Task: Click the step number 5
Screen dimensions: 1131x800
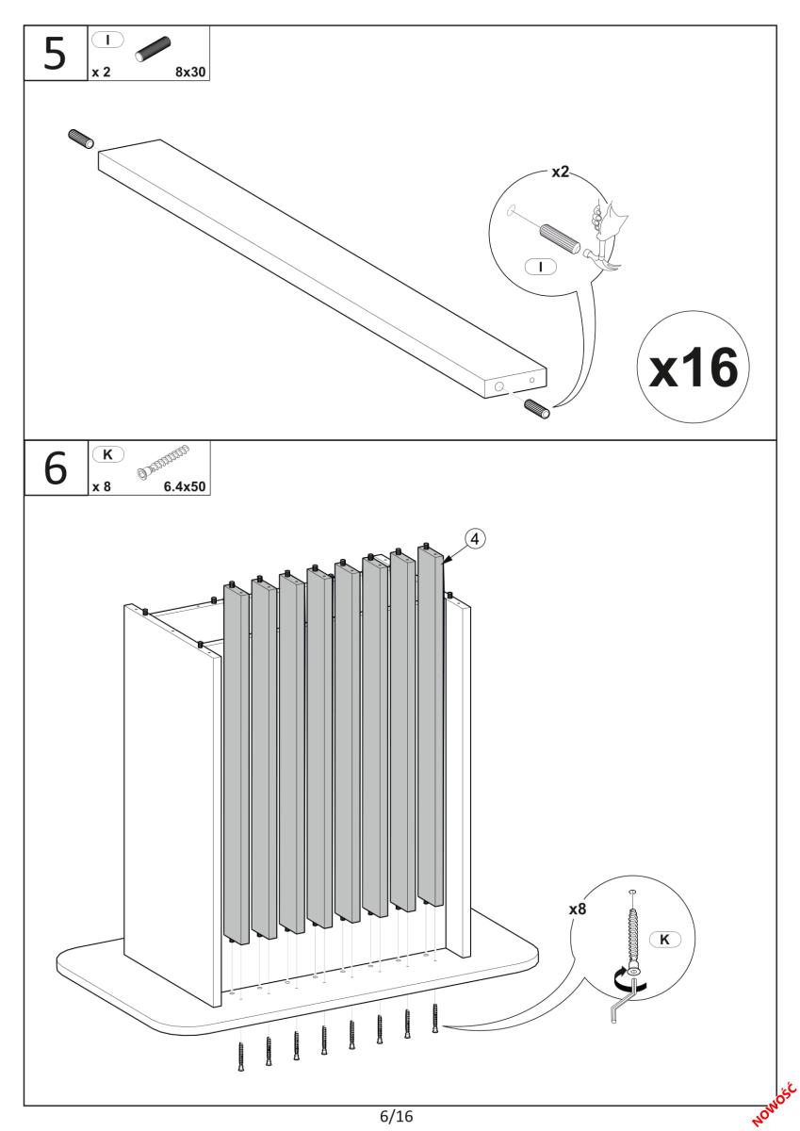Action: click(56, 55)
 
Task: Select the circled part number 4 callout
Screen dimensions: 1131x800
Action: click(477, 538)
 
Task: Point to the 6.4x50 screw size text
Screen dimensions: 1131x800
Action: click(184, 487)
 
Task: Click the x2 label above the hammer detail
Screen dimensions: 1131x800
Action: click(561, 173)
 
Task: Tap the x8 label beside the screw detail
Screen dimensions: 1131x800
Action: click(580, 910)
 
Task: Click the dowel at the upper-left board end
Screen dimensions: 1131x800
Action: click(82, 139)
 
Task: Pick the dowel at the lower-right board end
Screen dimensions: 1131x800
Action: click(538, 409)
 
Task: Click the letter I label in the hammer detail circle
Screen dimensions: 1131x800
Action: click(541, 267)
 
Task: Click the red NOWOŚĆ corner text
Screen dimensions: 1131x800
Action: click(775, 1096)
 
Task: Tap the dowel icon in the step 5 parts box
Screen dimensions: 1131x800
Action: click(154, 49)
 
